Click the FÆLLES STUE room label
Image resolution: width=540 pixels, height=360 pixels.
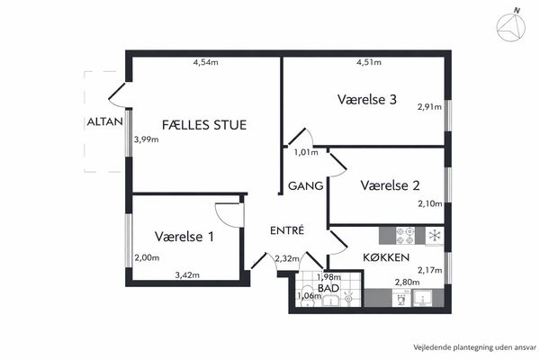pyautogui.click(x=204, y=125)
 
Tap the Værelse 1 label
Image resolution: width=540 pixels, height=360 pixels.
pyautogui.click(x=184, y=237)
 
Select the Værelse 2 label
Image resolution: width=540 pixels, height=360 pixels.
pyautogui.click(x=391, y=185)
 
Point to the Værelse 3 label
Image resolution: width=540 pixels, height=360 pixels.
pyautogui.click(x=367, y=100)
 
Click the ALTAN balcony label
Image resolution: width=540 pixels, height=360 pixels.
pyautogui.click(x=104, y=121)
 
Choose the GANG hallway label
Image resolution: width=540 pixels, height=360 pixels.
pyautogui.click(x=305, y=186)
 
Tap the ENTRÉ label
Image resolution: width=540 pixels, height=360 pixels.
pyautogui.click(x=287, y=230)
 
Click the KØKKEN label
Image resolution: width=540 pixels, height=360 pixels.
pyautogui.click(x=386, y=257)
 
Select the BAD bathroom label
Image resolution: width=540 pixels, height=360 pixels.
pyautogui.click(x=328, y=288)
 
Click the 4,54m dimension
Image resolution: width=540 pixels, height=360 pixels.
pyautogui.click(x=205, y=62)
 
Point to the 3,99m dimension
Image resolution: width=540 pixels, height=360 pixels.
pyautogui.click(x=147, y=139)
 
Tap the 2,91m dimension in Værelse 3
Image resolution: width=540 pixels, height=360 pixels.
pyautogui.click(x=429, y=107)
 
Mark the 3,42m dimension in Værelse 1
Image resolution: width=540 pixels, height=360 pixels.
pyautogui.click(x=187, y=275)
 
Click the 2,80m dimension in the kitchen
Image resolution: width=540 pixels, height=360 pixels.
pyautogui.click(x=407, y=283)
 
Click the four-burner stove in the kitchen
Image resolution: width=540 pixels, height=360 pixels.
pyautogui.click(x=405, y=236)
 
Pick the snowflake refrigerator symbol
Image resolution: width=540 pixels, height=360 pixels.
pyautogui.click(x=435, y=236)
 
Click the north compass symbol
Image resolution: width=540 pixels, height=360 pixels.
pyautogui.click(x=511, y=26)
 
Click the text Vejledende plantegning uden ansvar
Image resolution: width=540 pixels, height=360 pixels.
pyautogui.click(x=475, y=347)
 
